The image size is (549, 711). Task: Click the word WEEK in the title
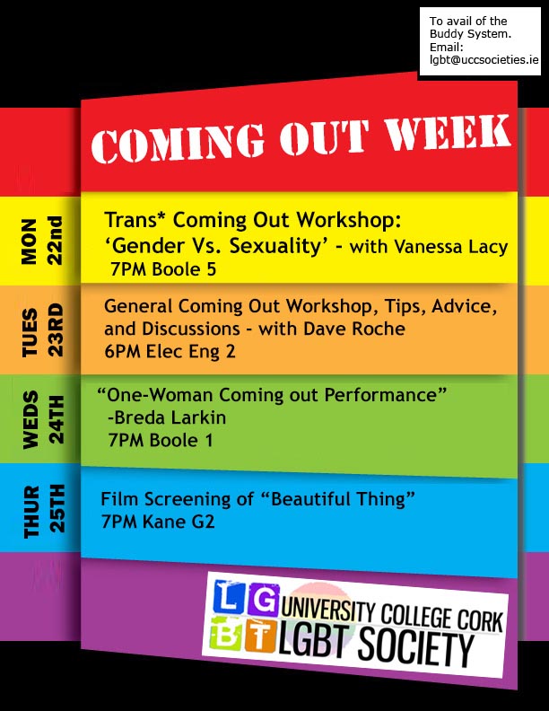449,132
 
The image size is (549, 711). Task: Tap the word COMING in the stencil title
178,143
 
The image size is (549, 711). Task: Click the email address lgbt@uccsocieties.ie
484,59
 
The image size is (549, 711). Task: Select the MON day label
29,241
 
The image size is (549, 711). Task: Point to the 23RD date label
57,330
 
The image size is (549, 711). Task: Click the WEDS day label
30,420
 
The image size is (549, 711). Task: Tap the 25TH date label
57,508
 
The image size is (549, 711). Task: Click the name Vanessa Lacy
450,247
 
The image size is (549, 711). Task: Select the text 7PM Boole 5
163,269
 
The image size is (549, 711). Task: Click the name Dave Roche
353,329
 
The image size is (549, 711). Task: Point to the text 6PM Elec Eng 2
170,351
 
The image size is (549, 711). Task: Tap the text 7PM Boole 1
161,440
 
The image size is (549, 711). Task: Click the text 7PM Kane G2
158,522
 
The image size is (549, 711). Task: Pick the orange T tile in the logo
260,636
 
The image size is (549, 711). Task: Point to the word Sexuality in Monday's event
275,246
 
